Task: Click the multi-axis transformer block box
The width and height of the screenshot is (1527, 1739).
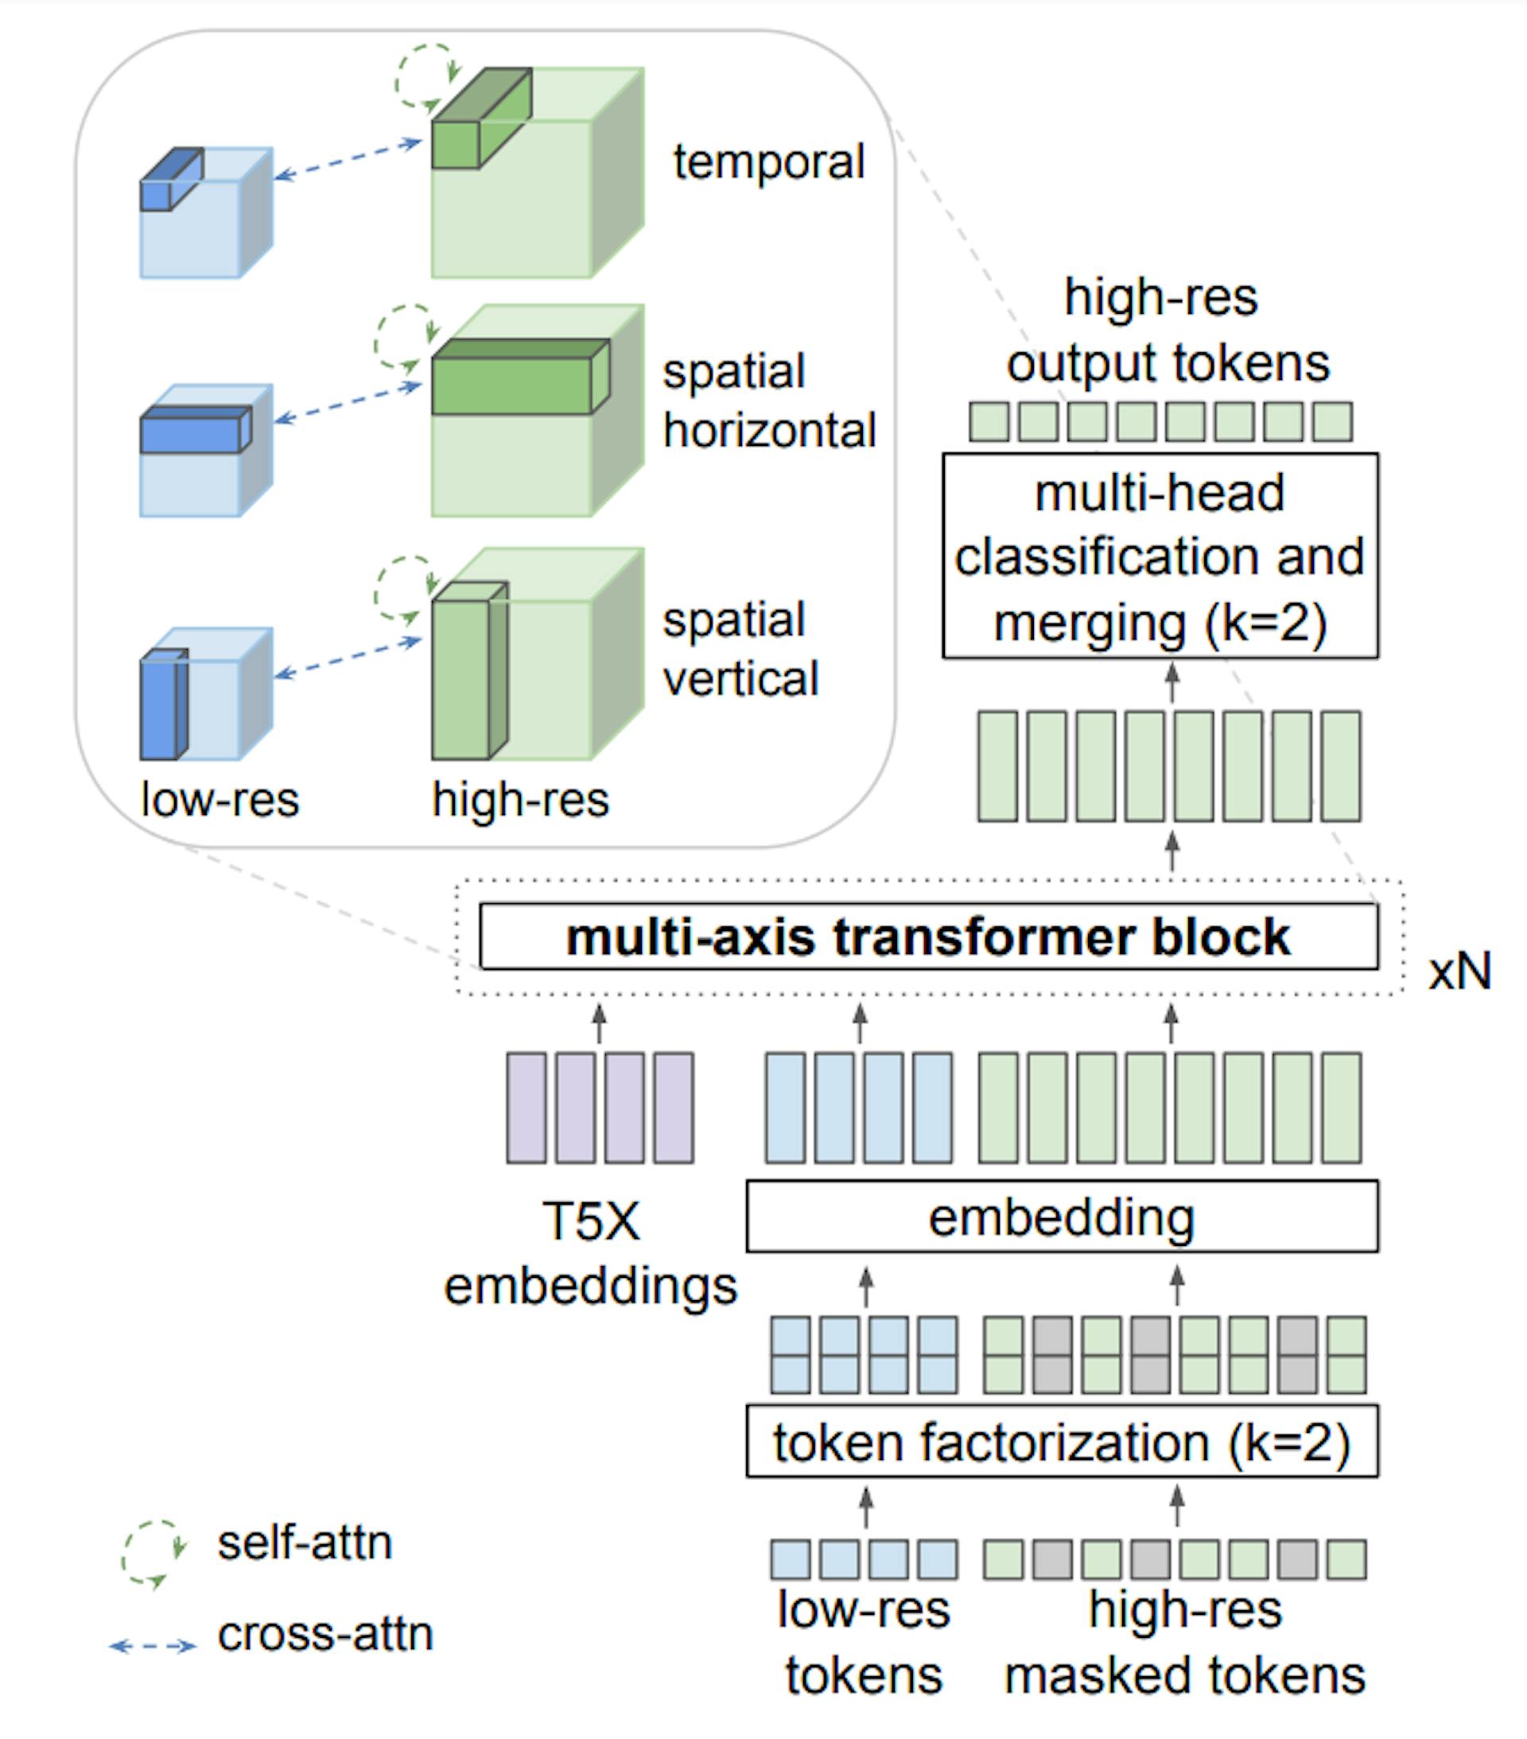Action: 928,937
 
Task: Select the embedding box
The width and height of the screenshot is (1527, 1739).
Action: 1062,1217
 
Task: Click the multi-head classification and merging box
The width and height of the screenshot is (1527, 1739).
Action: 1160,557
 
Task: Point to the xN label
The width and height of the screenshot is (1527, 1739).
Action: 1459,971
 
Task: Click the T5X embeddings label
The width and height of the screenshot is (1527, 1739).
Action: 590,1253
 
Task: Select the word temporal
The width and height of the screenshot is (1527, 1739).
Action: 768,161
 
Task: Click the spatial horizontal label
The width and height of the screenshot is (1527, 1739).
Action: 768,401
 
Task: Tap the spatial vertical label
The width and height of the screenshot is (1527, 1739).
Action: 740,649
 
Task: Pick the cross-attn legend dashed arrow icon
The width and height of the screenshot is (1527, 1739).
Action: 153,1646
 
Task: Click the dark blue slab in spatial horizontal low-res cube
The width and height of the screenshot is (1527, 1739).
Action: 192,433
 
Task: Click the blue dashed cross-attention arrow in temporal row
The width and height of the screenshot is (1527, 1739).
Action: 348,160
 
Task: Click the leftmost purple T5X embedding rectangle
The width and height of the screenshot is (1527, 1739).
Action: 526,1108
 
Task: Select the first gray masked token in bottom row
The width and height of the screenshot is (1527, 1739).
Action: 1052,1559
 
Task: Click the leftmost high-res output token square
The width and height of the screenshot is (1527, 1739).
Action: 989,422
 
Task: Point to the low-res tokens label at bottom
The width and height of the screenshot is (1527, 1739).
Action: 863,1642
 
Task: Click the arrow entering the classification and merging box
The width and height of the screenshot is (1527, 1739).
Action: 1172,683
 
